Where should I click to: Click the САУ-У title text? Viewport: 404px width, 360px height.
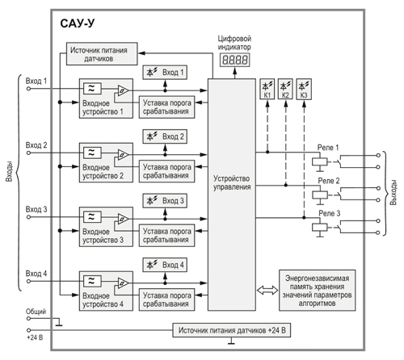click(78, 23)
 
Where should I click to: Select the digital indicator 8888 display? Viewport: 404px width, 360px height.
click(234, 60)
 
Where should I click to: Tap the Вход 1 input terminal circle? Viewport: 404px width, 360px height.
click(28, 89)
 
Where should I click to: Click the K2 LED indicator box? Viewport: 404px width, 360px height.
click(285, 89)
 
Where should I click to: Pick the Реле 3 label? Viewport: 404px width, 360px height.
click(329, 213)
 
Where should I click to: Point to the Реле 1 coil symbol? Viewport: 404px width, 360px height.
click(320, 161)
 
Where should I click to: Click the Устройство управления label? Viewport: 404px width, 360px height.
click(232, 182)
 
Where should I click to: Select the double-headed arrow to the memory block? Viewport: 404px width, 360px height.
click(267, 290)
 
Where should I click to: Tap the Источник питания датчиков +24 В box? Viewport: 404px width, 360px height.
click(232, 330)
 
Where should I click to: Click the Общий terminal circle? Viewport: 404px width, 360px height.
click(28, 319)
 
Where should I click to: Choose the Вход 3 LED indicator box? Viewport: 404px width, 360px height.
click(165, 201)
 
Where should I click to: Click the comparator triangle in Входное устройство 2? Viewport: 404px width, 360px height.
click(123, 155)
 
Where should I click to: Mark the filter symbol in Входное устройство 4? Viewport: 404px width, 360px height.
click(92, 281)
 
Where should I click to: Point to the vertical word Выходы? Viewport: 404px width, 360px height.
click(393, 192)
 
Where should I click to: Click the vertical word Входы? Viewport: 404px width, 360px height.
click(10, 171)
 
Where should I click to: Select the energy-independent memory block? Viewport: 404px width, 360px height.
click(317, 291)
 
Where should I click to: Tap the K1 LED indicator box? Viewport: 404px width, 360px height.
click(267, 89)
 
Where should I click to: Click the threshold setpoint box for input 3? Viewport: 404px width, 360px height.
click(166, 236)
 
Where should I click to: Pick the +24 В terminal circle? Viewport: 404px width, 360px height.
click(28, 330)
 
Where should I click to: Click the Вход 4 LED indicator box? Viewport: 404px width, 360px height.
click(165, 265)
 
